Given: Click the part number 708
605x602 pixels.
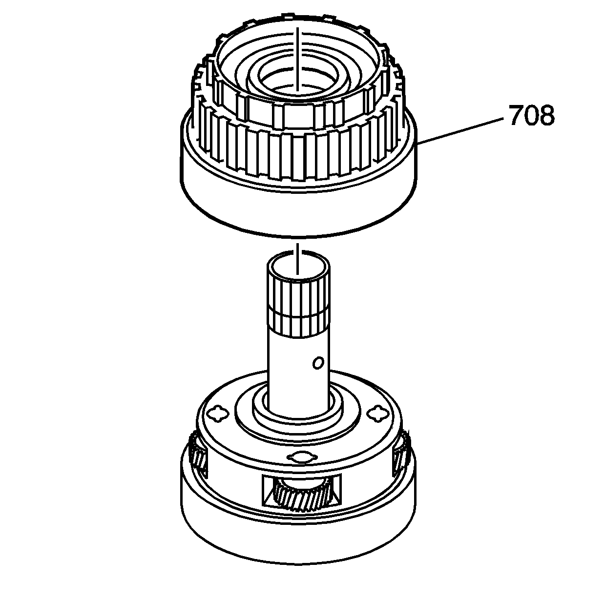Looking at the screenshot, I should pos(531,116).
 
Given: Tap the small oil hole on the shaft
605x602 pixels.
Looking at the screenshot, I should pos(318,362).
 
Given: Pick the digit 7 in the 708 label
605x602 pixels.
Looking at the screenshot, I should pos(516,116).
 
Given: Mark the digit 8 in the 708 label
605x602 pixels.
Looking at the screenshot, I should pos(547,116).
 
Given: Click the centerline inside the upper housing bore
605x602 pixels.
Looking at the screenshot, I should pos(297,59).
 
